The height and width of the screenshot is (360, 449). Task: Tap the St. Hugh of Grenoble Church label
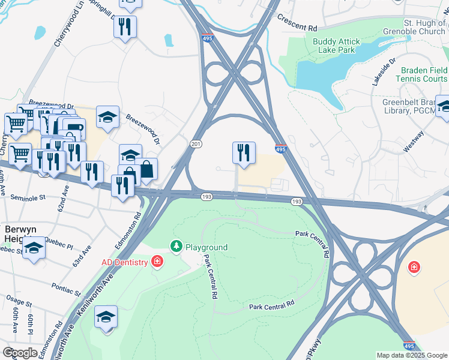[x=425, y=27]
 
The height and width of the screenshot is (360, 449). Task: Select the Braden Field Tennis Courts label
[x=421, y=74]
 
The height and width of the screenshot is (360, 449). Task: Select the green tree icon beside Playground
[x=176, y=247]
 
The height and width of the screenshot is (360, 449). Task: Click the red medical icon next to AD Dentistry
[x=157, y=262]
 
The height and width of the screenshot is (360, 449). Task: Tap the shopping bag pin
[x=146, y=168]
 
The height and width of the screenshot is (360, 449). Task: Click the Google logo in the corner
[x=20, y=353]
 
